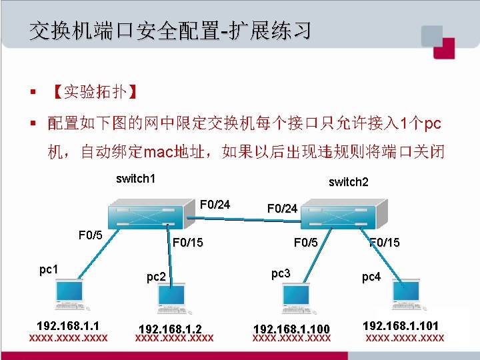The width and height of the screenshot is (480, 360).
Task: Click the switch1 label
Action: point(135,178)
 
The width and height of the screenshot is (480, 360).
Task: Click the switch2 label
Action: point(348,182)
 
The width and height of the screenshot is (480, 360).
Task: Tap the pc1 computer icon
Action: point(70,295)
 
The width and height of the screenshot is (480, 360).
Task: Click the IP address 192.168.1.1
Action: point(68,326)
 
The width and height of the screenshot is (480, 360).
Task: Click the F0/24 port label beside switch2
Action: point(282,209)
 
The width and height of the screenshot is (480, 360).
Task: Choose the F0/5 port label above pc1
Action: point(90,235)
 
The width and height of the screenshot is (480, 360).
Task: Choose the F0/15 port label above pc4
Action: point(385,242)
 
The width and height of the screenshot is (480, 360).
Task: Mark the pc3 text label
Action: point(281,273)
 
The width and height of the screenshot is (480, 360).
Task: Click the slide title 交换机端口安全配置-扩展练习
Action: point(169,30)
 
